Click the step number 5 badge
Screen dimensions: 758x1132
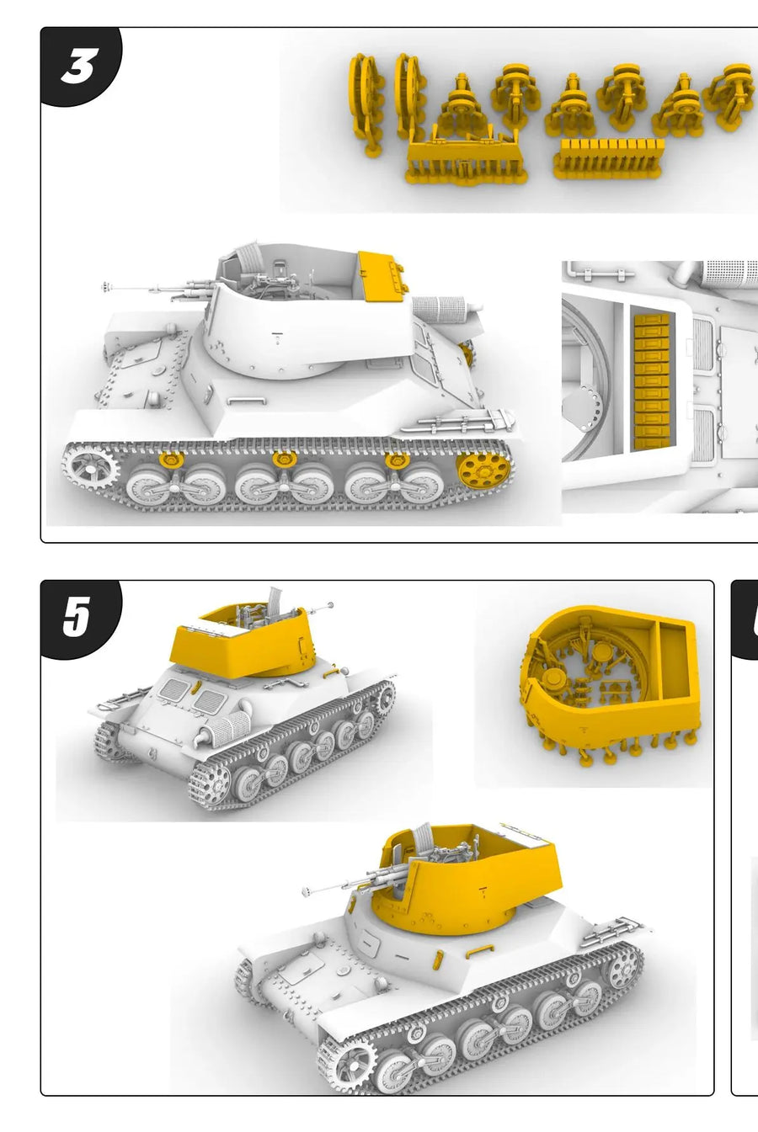click(79, 618)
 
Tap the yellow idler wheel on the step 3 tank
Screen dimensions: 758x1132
click(481, 470)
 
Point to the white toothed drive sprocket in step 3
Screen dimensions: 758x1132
click(91, 470)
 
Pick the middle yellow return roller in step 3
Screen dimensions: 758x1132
click(283, 460)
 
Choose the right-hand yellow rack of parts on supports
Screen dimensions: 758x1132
click(608, 158)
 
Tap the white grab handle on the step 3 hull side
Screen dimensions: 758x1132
click(246, 401)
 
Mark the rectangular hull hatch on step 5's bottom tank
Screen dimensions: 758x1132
click(302, 970)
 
